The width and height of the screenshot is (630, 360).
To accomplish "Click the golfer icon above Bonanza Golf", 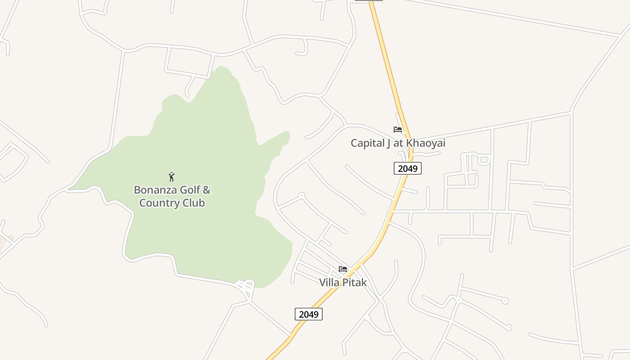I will [171, 176].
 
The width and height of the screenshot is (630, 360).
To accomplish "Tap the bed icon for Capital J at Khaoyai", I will [398, 130].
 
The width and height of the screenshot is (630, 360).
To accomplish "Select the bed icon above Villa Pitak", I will [343, 269].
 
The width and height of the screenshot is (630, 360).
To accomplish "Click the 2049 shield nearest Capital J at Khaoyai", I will [408, 168].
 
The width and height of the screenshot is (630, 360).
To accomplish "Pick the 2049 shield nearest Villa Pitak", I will [309, 314].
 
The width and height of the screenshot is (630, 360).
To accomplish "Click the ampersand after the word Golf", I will [207, 190].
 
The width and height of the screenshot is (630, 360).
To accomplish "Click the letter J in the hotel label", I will [388, 143].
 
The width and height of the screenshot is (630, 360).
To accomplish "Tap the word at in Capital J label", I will [398, 143].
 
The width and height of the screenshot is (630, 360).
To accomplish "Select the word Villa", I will [330, 283].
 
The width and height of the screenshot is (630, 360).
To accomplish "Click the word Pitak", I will [355, 283].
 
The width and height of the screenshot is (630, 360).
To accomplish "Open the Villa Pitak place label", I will [343, 283].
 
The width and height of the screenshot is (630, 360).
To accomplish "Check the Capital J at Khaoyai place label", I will [398, 143].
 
